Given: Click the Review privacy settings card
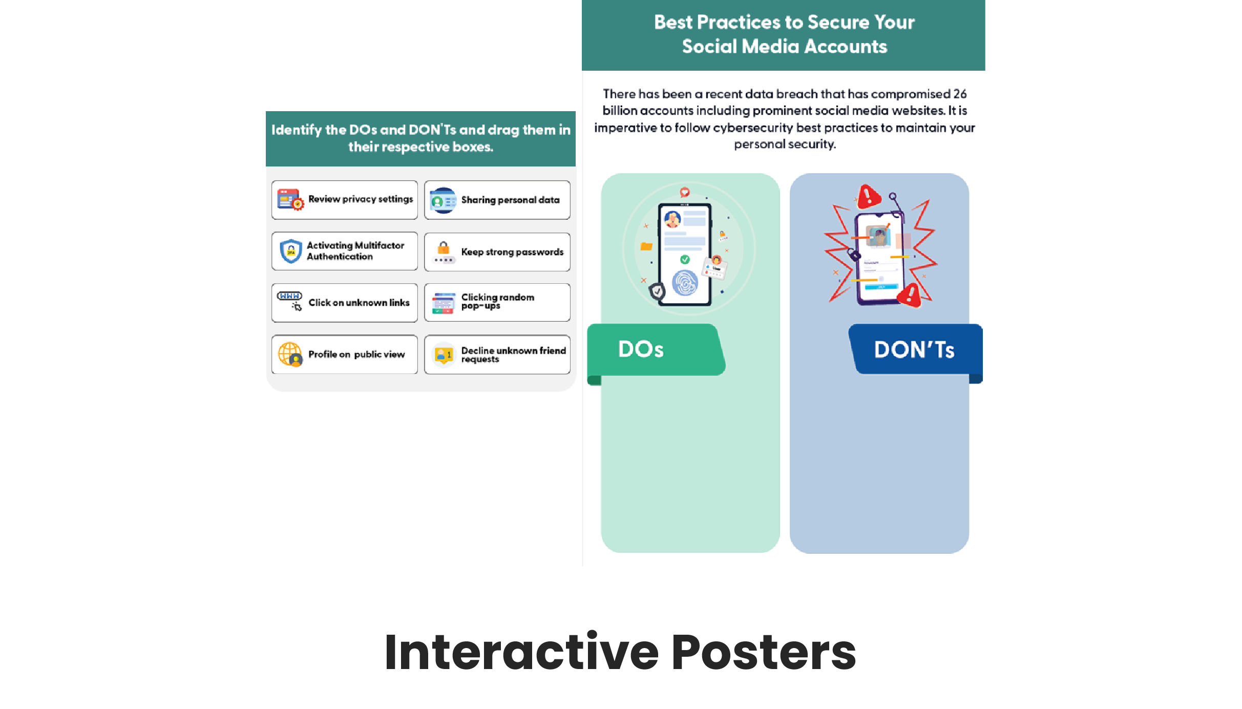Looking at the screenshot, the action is pyautogui.click(x=345, y=200).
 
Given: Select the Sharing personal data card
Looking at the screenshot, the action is pyautogui.click(x=497, y=200).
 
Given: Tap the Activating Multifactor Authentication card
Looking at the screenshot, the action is pyautogui.click(x=345, y=251).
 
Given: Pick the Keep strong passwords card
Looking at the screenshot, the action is pyautogui.click(x=497, y=252).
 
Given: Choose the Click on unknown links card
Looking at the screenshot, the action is pyautogui.click(x=345, y=303).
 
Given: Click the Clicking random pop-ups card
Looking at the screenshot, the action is pyautogui.click(x=497, y=302).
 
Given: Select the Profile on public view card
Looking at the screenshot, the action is pyautogui.click(x=345, y=354).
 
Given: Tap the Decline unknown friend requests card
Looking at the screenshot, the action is pyautogui.click(x=497, y=354).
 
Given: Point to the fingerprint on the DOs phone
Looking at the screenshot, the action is pyautogui.click(x=685, y=283).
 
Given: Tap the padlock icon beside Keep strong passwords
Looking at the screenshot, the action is pyautogui.click(x=444, y=248).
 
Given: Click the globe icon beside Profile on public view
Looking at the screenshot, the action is pyautogui.click(x=290, y=354).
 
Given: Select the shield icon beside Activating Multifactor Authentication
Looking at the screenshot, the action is pyautogui.click(x=291, y=251).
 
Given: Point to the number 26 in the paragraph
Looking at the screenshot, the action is pyautogui.click(x=960, y=94).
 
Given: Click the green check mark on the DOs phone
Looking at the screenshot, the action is pyautogui.click(x=685, y=259).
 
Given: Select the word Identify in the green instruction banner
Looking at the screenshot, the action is pyautogui.click(x=297, y=130).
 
